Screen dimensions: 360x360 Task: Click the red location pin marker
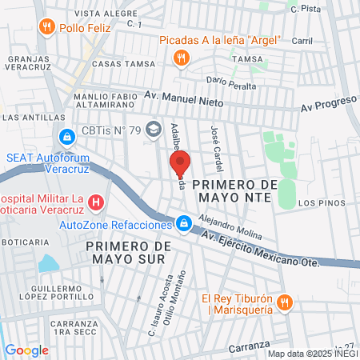(x=180, y=163)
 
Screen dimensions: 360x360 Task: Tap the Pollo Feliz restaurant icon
(x=47, y=27)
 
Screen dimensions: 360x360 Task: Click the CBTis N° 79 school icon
(x=152, y=132)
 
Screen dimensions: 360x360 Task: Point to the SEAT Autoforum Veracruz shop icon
(x=66, y=138)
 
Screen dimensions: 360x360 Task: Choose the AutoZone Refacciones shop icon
(x=184, y=223)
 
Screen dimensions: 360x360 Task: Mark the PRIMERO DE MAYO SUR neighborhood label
(x=128, y=252)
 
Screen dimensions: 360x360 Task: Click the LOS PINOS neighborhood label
(x=319, y=204)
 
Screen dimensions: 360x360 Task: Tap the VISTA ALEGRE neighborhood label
(x=101, y=14)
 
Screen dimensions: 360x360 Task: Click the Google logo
(x=26, y=350)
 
